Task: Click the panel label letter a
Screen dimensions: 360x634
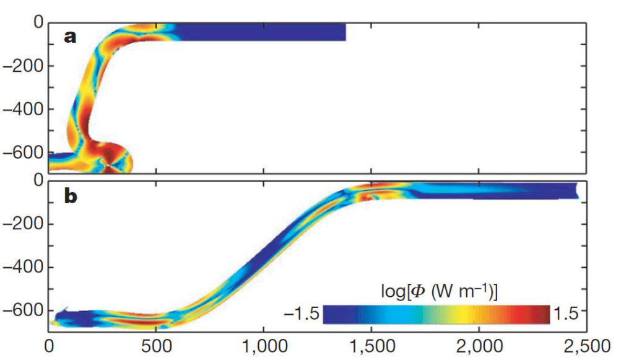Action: [x=71, y=37]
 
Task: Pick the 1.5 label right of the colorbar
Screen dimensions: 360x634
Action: [x=565, y=314]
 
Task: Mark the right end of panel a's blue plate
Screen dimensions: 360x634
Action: [x=344, y=32]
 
